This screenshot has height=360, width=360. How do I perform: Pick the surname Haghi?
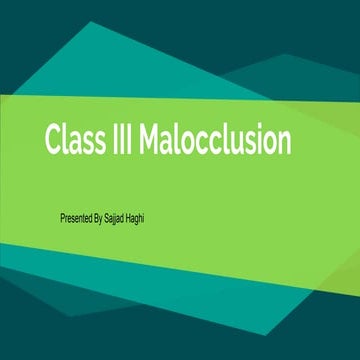pyautogui.click(x=144, y=215)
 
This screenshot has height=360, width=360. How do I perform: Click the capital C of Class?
pyautogui.click(x=53, y=140)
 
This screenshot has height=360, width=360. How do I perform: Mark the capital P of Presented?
pyautogui.click(x=63, y=215)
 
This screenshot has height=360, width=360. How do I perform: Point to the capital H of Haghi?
pyautogui.click(x=136, y=215)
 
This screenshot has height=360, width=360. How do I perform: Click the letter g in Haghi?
pyautogui.click(x=146, y=216)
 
